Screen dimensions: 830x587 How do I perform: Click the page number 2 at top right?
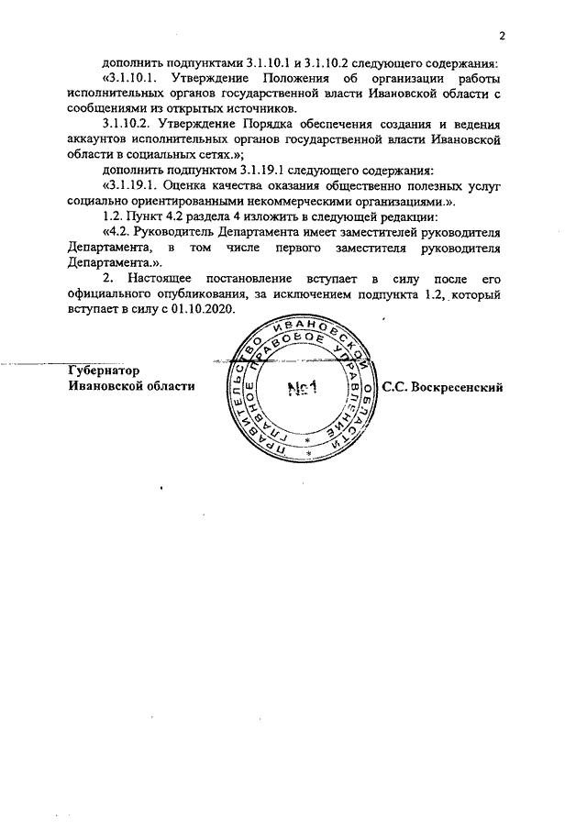[503, 36]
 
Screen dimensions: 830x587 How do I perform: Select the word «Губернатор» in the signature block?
[104, 371]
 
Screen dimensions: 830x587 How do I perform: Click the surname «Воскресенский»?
[461, 388]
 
